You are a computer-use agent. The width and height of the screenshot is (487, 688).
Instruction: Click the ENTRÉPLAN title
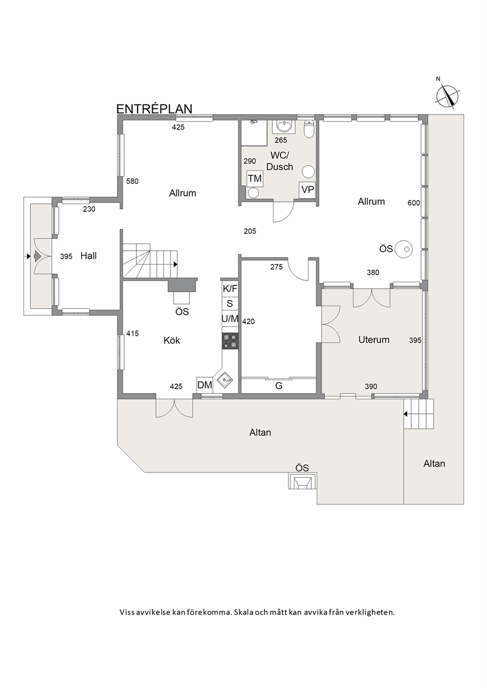pyautogui.click(x=154, y=109)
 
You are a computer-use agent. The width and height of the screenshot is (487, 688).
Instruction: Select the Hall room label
pyautogui.click(x=88, y=256)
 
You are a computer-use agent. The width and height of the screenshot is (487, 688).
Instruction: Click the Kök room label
pyautogui.click(x=172, y=340)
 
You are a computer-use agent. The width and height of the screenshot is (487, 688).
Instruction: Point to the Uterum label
pyautogui.click(x=374, y=339)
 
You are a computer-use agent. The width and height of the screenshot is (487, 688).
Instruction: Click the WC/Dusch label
pyautogui.click(x=279, y=161)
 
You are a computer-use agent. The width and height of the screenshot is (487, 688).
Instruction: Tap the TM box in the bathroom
pyautogui.click(x=255, y=178)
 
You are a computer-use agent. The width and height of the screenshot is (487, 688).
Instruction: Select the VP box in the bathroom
pyautogui.click(x=307, y=190)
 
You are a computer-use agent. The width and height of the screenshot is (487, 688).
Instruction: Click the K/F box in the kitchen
pyautogui.click(x=230, y=289)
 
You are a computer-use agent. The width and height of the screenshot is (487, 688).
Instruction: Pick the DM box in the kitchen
pyautogui.click(x=205, y=385)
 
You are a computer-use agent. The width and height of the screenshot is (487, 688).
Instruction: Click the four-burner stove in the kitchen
pyautogui.click(x=230, y=341)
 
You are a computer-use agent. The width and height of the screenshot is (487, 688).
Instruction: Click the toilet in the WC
pyautogui.click(x=308, y=129)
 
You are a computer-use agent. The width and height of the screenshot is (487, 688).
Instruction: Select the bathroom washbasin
pyautogui.click(x=284, y=127)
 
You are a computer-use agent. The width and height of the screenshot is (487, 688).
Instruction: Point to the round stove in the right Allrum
pyautogui.click(x=404, y=249)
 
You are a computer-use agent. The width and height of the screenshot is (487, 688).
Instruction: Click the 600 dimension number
pyautogui.click(x=414, y=203)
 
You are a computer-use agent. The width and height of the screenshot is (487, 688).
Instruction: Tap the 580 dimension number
pyautogui.click(x=133, y=181)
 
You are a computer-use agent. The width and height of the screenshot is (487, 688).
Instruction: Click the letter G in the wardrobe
pyautogui.click(x=279, y=386)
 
